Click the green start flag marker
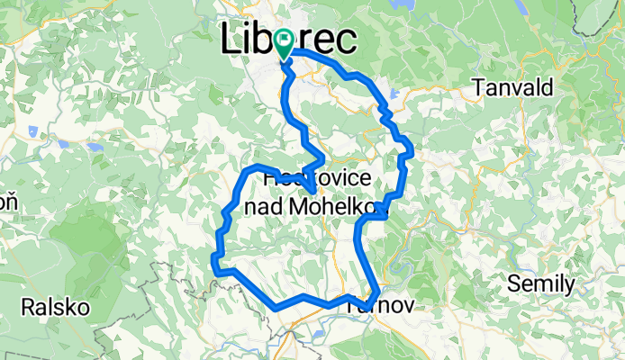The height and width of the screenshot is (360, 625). coord(285,40)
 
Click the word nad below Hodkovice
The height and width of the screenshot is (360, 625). coord(264,208)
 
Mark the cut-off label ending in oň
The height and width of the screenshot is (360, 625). coord(8,203)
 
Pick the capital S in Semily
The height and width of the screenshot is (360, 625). coord(514,284)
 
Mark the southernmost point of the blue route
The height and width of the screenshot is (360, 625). coord(276,308)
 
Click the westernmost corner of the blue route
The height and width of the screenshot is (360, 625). coord(213,260)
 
